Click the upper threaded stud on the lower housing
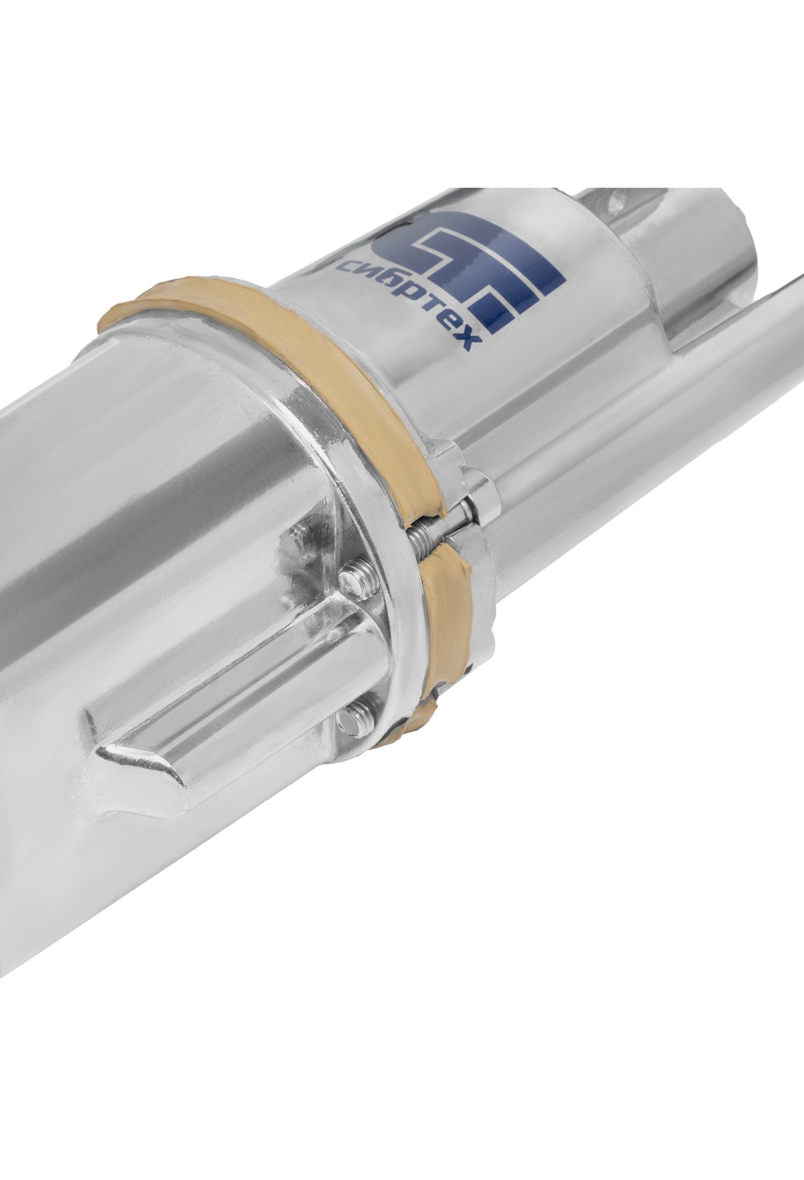point(356,575)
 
